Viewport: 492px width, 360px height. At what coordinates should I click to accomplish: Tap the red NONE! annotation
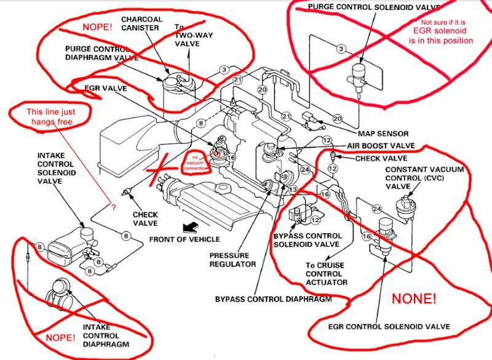pyautogui.click(x=413, y=300)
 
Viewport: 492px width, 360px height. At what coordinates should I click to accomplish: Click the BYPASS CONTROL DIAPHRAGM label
pyautogui.click(x=273, y=299)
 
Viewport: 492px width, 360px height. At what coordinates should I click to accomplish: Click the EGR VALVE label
pyautogui.click(x=105, y=89)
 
